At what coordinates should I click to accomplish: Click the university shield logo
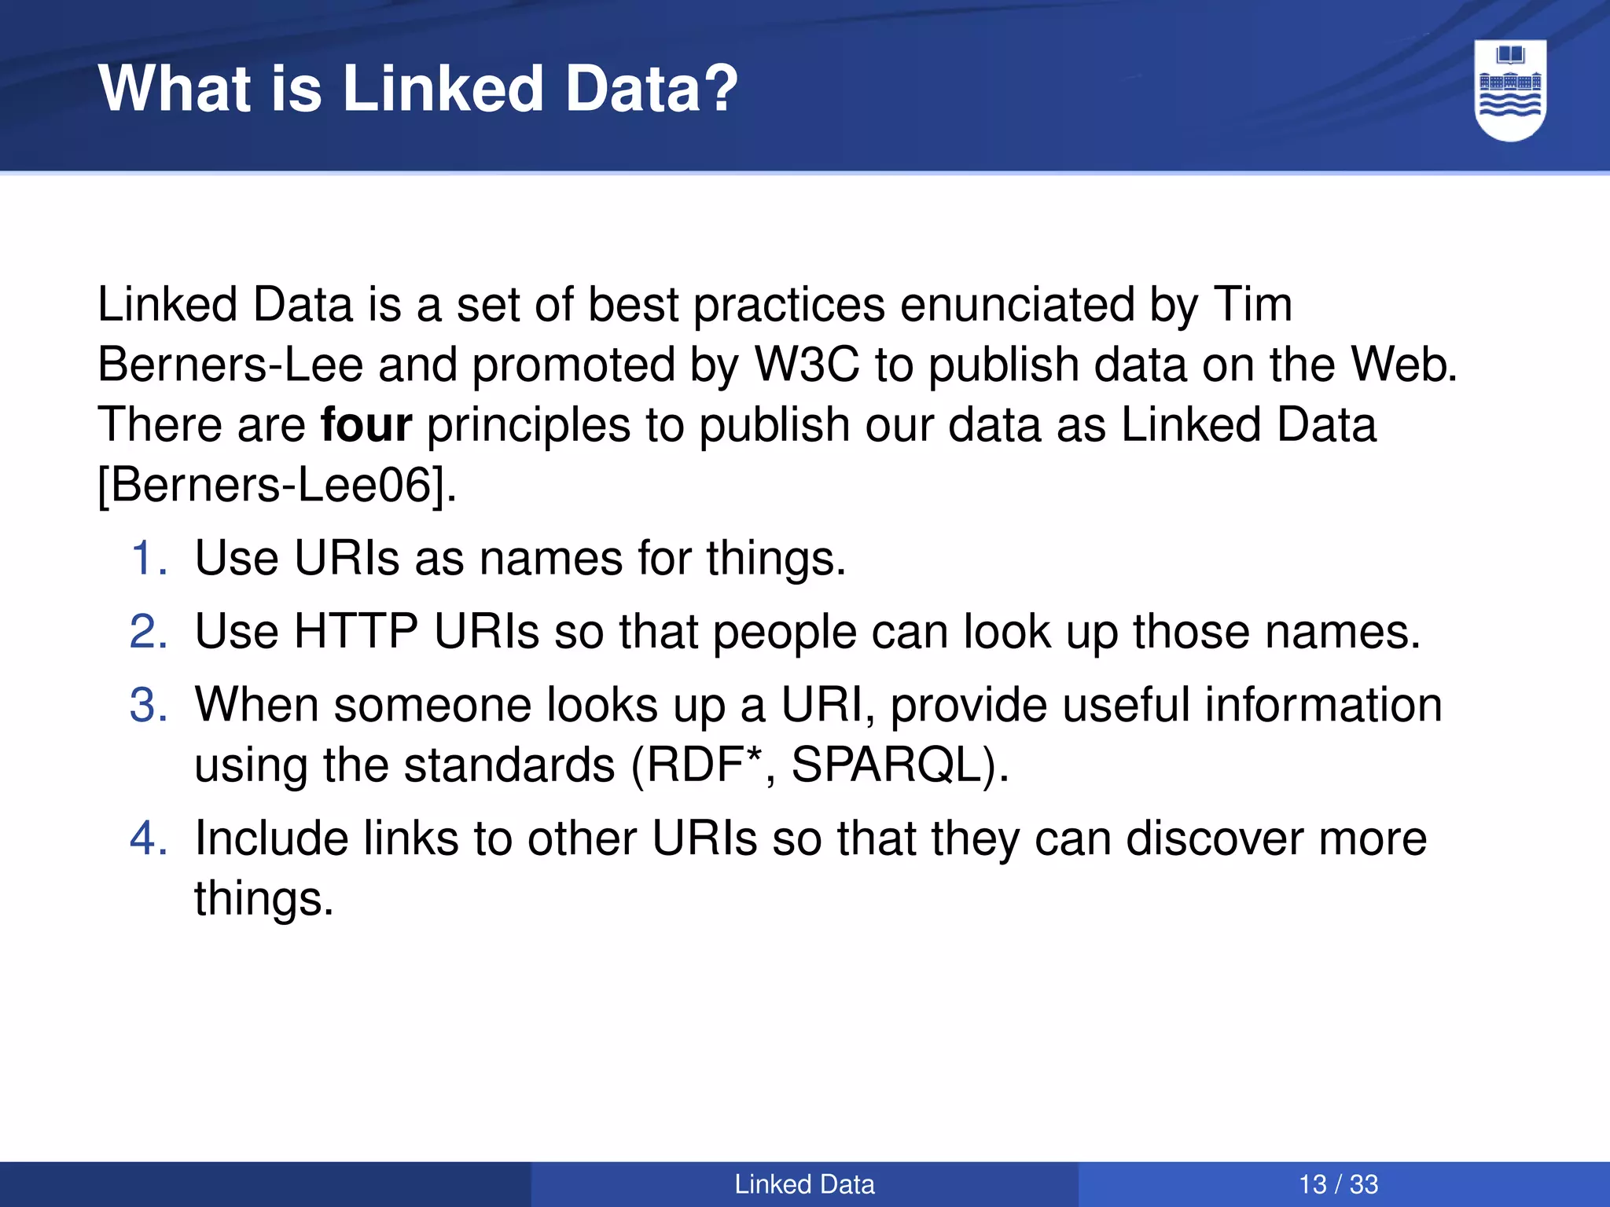[x=1510, y=90]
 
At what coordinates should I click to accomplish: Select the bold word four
[x=366, y=425]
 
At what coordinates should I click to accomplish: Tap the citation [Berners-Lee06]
[x=277, y=485]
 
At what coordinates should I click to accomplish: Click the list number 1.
[x=149, y=559]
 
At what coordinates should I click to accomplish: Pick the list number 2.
[x=149, y=632]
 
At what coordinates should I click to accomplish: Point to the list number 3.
[x=149, y=705]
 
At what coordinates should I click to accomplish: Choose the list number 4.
[x=149, y=838]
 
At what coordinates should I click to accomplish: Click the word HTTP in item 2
[x=355, y=632]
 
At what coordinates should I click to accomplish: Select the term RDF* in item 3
[x=704, y=764]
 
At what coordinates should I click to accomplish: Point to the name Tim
[x=1253, y=305]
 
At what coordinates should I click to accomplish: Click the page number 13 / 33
[x=1338, y=1184]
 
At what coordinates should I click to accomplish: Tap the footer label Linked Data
[x=804, y=1184]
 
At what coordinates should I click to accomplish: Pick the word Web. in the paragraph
[x=1404, y=365]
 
